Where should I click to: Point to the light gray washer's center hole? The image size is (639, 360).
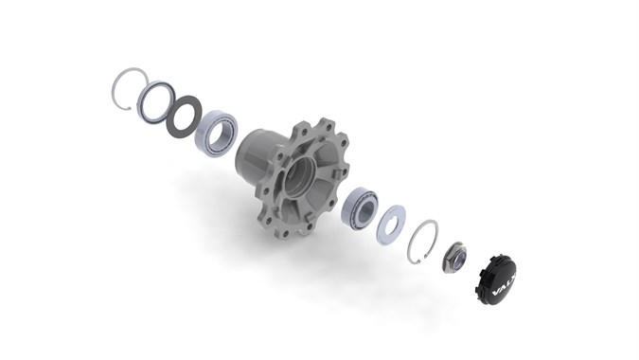[x=391, y=223]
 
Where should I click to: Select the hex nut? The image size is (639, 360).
[x=453, y=257]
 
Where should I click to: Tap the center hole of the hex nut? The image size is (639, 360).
[x=454, y=257]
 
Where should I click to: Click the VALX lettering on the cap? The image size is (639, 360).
[x=500, y=282]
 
